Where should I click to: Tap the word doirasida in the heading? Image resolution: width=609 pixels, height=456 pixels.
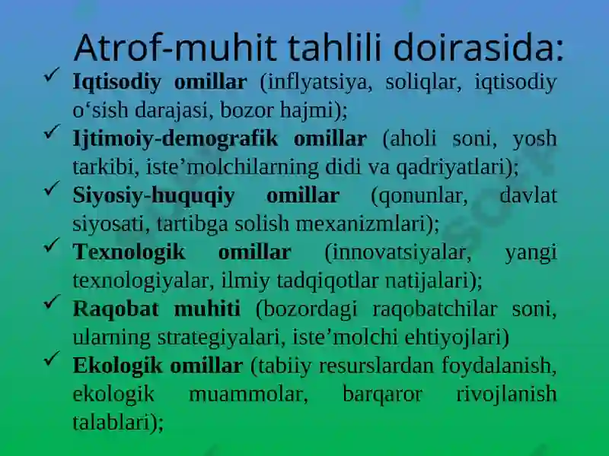click(473, 48)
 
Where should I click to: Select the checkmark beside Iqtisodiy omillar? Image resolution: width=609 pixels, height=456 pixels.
click(52, 74)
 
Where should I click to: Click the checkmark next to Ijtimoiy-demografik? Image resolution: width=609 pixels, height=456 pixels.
click(52, 131)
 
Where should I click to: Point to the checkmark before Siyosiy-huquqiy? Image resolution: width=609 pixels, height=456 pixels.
click(52, 188)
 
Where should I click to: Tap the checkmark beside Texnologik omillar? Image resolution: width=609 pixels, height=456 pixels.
click(52, 245)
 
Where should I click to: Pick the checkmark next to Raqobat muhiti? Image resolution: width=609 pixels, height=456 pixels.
click(52, 302)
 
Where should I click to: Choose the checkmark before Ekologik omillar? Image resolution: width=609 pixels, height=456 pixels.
click(52, 358)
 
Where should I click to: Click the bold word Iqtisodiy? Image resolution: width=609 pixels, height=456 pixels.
click(117, 83)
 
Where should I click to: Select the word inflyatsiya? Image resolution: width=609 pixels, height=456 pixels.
click(314, 83)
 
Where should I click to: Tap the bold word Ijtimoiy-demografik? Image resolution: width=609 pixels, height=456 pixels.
click(176, 139)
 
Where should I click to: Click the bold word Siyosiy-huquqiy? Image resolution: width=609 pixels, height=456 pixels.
click(154, 196)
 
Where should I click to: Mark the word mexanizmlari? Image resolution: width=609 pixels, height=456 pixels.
click(361, 224)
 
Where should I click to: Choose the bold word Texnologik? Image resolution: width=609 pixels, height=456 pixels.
click(129, 252)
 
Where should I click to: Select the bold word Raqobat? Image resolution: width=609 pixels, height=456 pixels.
click(116, 309)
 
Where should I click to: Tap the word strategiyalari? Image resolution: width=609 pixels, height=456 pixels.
click(218, 337)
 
